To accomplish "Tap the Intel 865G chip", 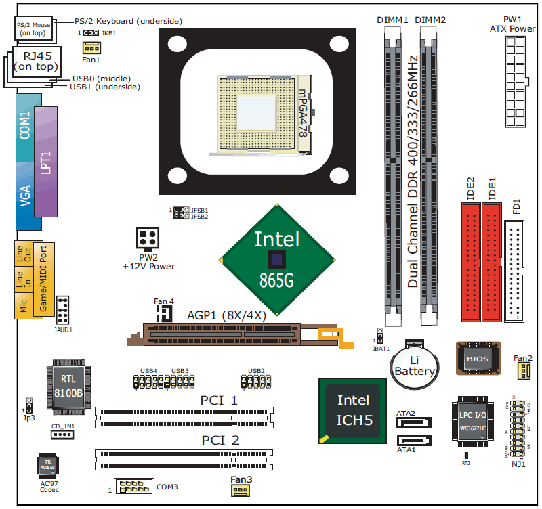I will (278, 259).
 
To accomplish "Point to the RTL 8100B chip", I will (68, 385).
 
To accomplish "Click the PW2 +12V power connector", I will (148, 238).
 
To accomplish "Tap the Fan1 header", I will (91, 47).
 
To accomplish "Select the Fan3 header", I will (241, 490).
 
